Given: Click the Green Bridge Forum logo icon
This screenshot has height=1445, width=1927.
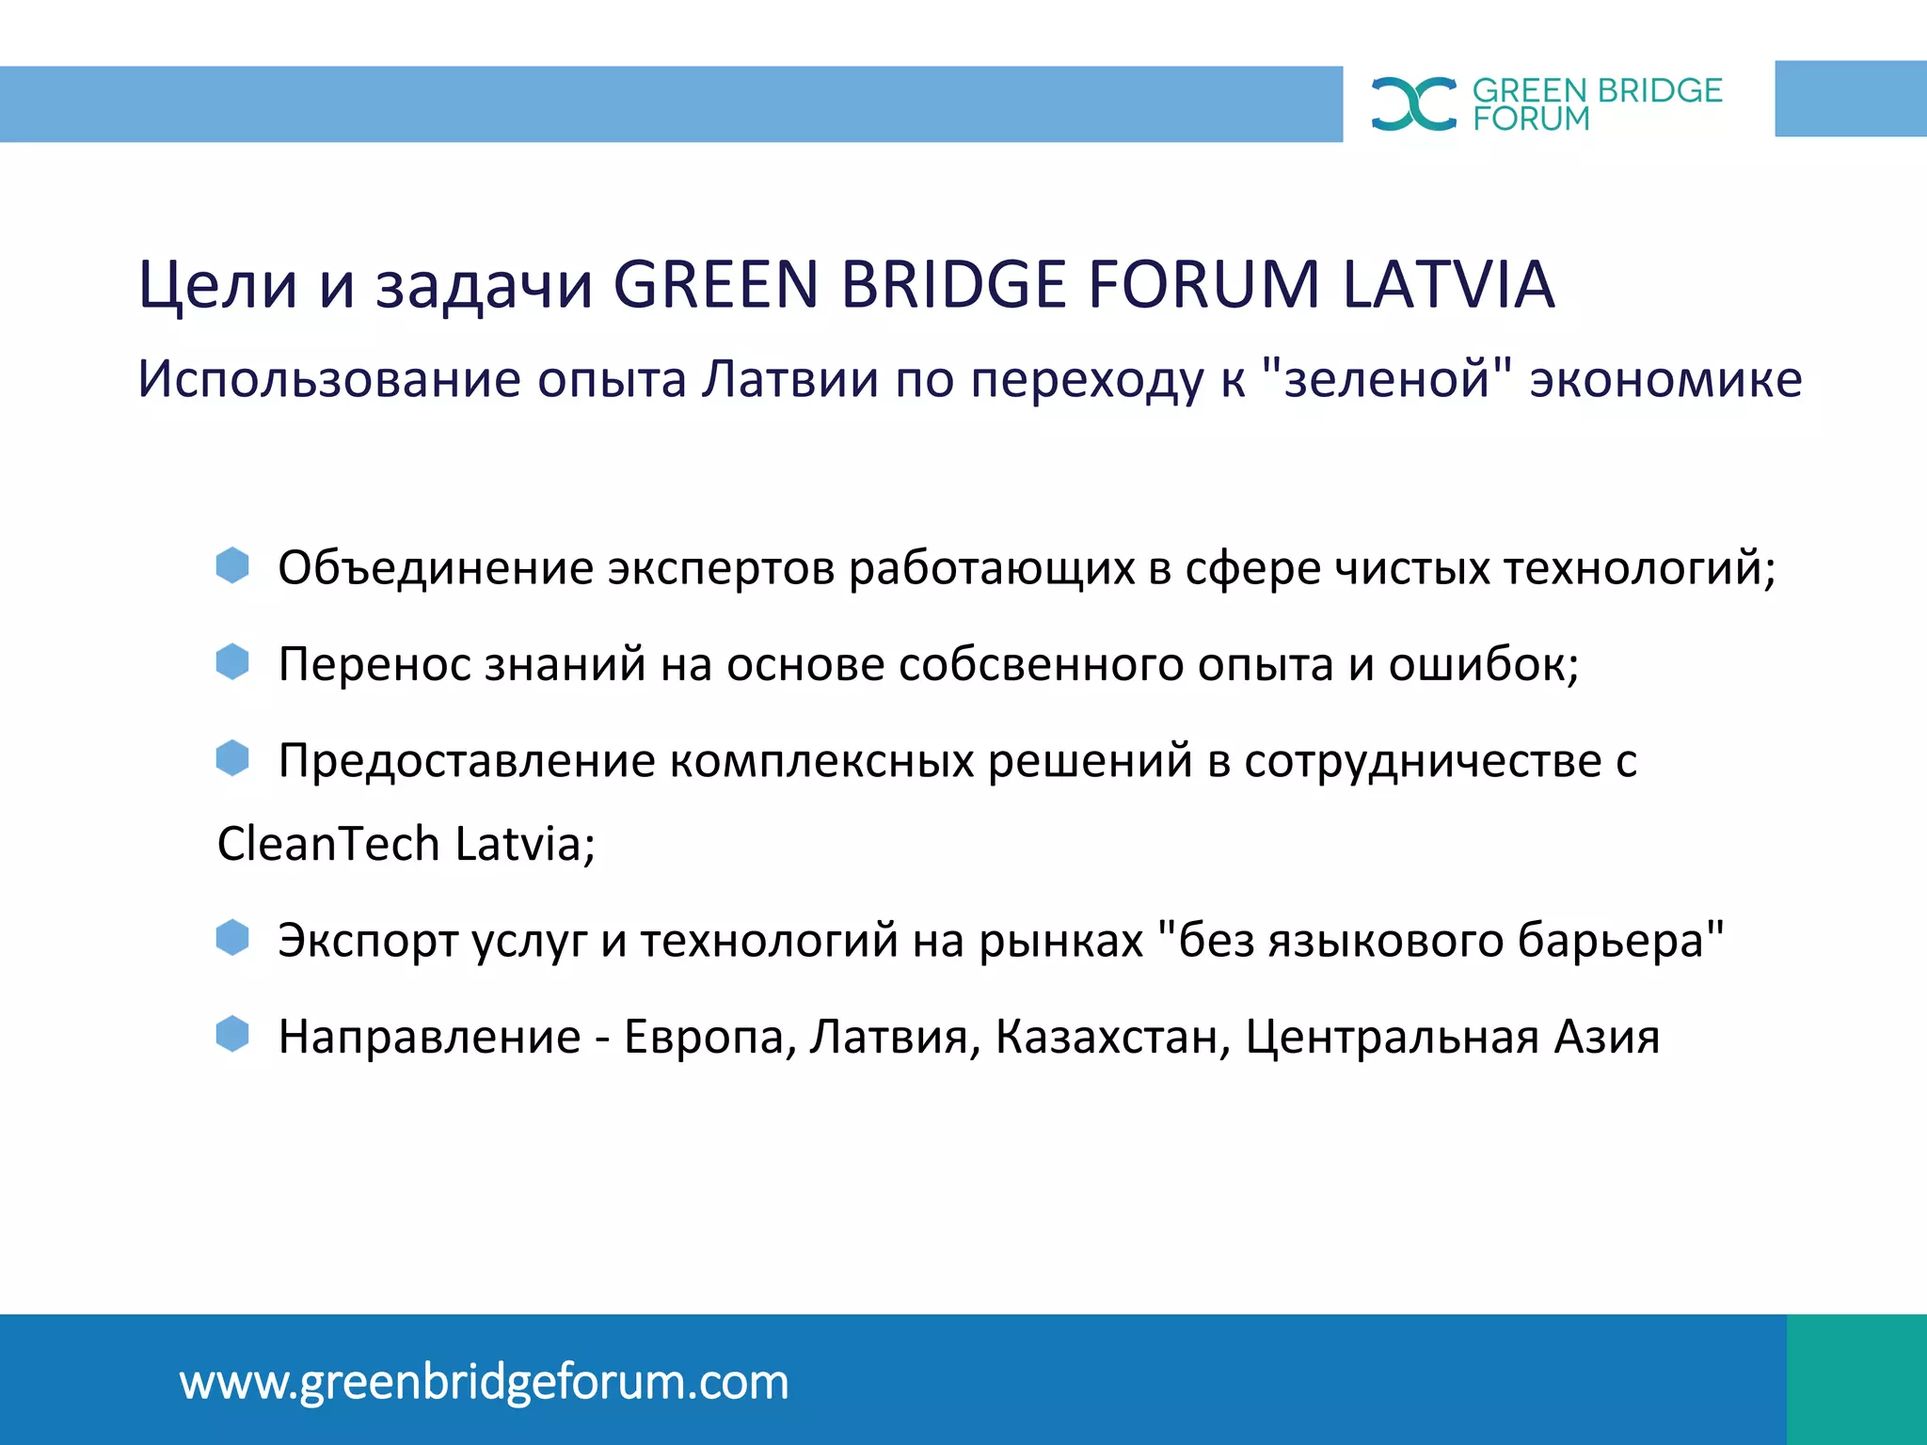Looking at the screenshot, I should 1413,103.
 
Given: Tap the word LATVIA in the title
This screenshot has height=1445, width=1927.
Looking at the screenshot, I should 1448,285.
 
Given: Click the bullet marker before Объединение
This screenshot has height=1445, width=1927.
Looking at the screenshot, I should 232,565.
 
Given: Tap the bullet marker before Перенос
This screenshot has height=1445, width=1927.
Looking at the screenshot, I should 232,661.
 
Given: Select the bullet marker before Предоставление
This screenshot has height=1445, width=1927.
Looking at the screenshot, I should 232,757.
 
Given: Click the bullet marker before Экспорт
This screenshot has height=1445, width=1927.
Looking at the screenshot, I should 232,938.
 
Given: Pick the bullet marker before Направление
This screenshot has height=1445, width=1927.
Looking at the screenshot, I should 232,1034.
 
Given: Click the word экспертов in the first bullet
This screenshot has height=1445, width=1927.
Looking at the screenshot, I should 721,569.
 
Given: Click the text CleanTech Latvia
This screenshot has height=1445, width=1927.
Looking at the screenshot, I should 405,844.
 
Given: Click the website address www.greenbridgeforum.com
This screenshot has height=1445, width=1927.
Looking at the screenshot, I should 484,1382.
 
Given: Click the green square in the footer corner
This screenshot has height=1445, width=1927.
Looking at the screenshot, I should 1856,1379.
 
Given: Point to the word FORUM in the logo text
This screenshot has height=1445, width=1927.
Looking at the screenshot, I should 1531,119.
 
